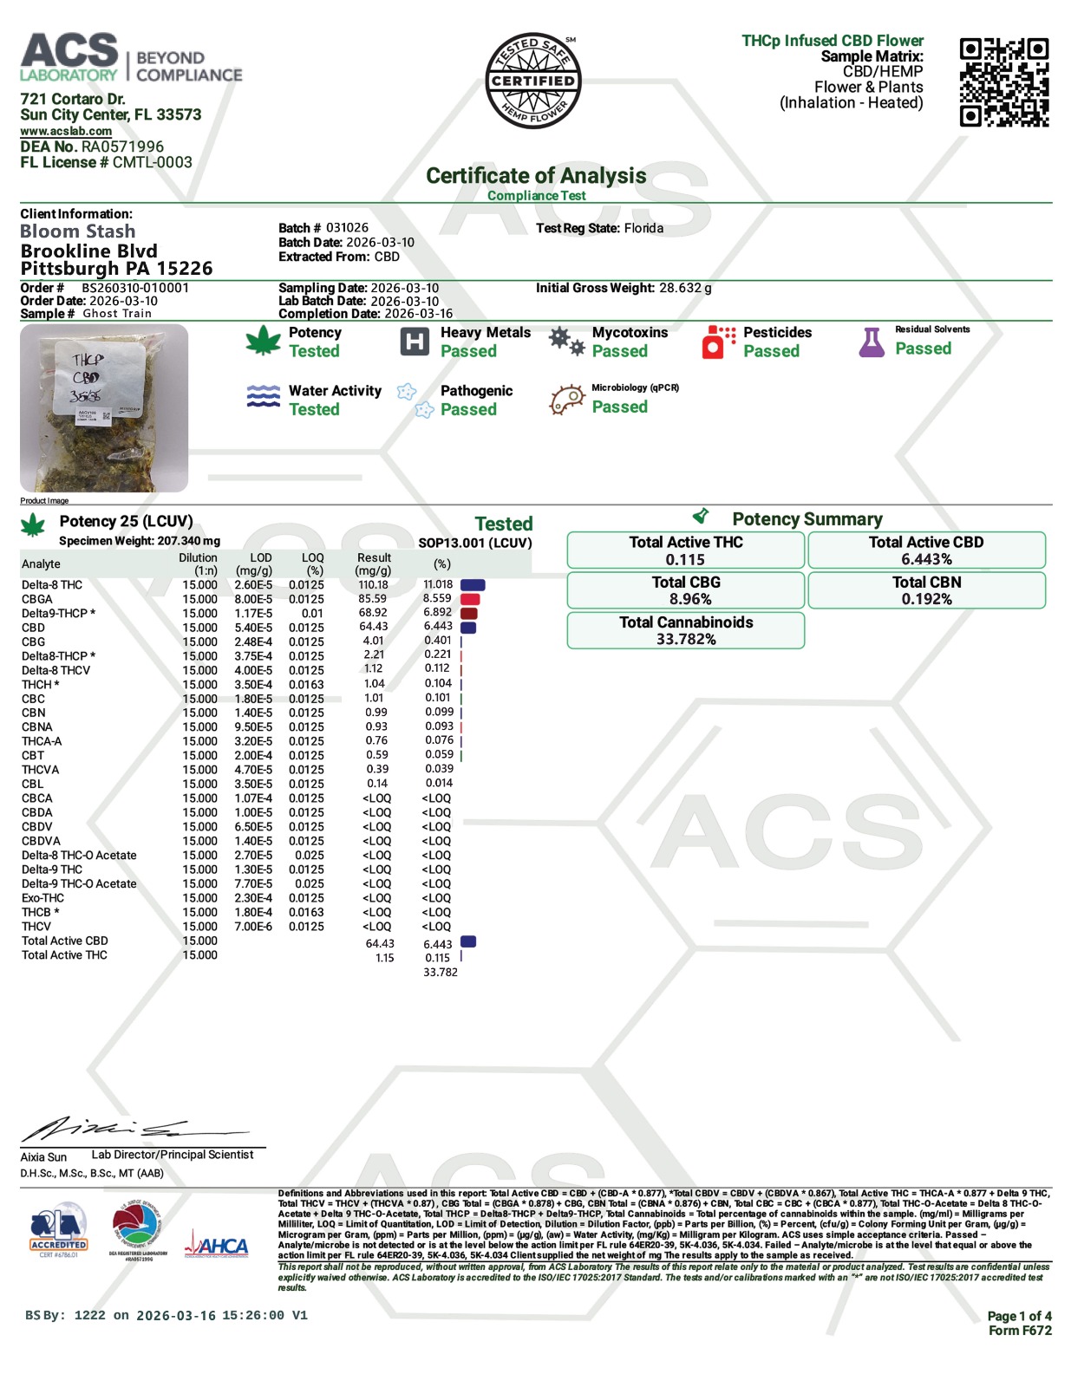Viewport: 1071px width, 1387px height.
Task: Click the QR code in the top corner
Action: point(1003,82)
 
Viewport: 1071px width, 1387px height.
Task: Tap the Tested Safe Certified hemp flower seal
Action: point(532,81)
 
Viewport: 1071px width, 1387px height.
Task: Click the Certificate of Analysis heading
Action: point(536,176)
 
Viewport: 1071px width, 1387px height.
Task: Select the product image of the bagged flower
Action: point(104,408)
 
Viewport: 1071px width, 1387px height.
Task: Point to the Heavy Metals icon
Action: point(415,342)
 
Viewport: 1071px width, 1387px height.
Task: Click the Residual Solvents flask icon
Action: point(872,342)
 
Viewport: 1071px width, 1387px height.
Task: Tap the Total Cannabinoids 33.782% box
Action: point(685,630)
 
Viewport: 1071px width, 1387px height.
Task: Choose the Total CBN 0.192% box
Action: point(926,590)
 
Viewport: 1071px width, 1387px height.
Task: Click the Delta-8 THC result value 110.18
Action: point(373,584)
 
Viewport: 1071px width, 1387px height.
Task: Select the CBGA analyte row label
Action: point(37,599)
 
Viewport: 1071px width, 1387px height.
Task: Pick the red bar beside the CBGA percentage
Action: point(470,599)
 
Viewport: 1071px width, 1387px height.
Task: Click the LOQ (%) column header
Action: point(312,564)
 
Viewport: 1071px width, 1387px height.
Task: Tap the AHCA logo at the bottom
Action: point(216,1247)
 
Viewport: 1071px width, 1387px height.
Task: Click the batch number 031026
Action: point(347,228)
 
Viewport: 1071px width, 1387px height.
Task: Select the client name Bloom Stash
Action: point(78,231)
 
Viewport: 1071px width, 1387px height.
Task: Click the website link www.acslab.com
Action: point(66,131)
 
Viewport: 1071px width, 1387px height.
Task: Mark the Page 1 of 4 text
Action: point(1019,1316)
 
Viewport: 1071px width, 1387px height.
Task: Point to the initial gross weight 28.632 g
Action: point(685,288)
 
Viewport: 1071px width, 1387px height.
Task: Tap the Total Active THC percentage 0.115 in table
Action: point(437,958)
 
